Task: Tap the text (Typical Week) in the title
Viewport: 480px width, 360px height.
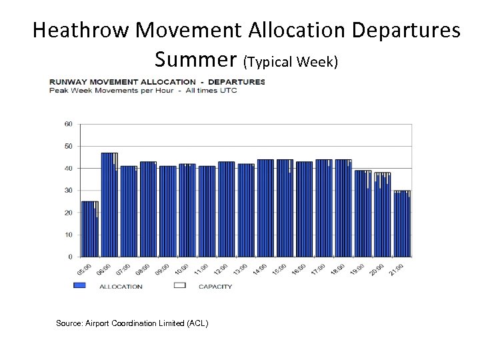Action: pos(291,63)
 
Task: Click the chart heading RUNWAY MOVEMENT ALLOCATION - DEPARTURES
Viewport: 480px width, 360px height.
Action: pos(157,82)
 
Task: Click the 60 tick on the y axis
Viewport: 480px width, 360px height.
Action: pos(68,124)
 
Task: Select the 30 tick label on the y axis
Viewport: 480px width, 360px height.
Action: pos(68,190)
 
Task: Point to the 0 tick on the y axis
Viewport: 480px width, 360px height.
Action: pos(70,257)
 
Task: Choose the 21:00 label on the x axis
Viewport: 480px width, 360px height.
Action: pos(397,269)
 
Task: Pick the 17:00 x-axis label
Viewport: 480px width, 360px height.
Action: pos(319,269)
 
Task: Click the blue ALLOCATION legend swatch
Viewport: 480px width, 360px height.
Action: pos(80,286)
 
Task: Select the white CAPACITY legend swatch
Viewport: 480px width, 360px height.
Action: pos(179,286)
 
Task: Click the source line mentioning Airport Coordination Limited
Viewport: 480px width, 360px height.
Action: pos(132,323)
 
